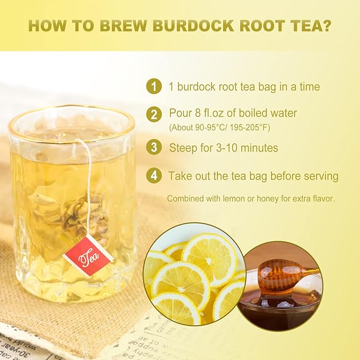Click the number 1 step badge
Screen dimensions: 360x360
coord(154,86)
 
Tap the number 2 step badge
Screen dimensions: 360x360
coord(154,113)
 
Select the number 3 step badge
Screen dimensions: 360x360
coord(154,147)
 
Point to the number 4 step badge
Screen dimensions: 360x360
coord(154,175)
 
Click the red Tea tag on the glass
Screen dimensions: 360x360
coord(88,256)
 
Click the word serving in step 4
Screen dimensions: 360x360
coord(320,176)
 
